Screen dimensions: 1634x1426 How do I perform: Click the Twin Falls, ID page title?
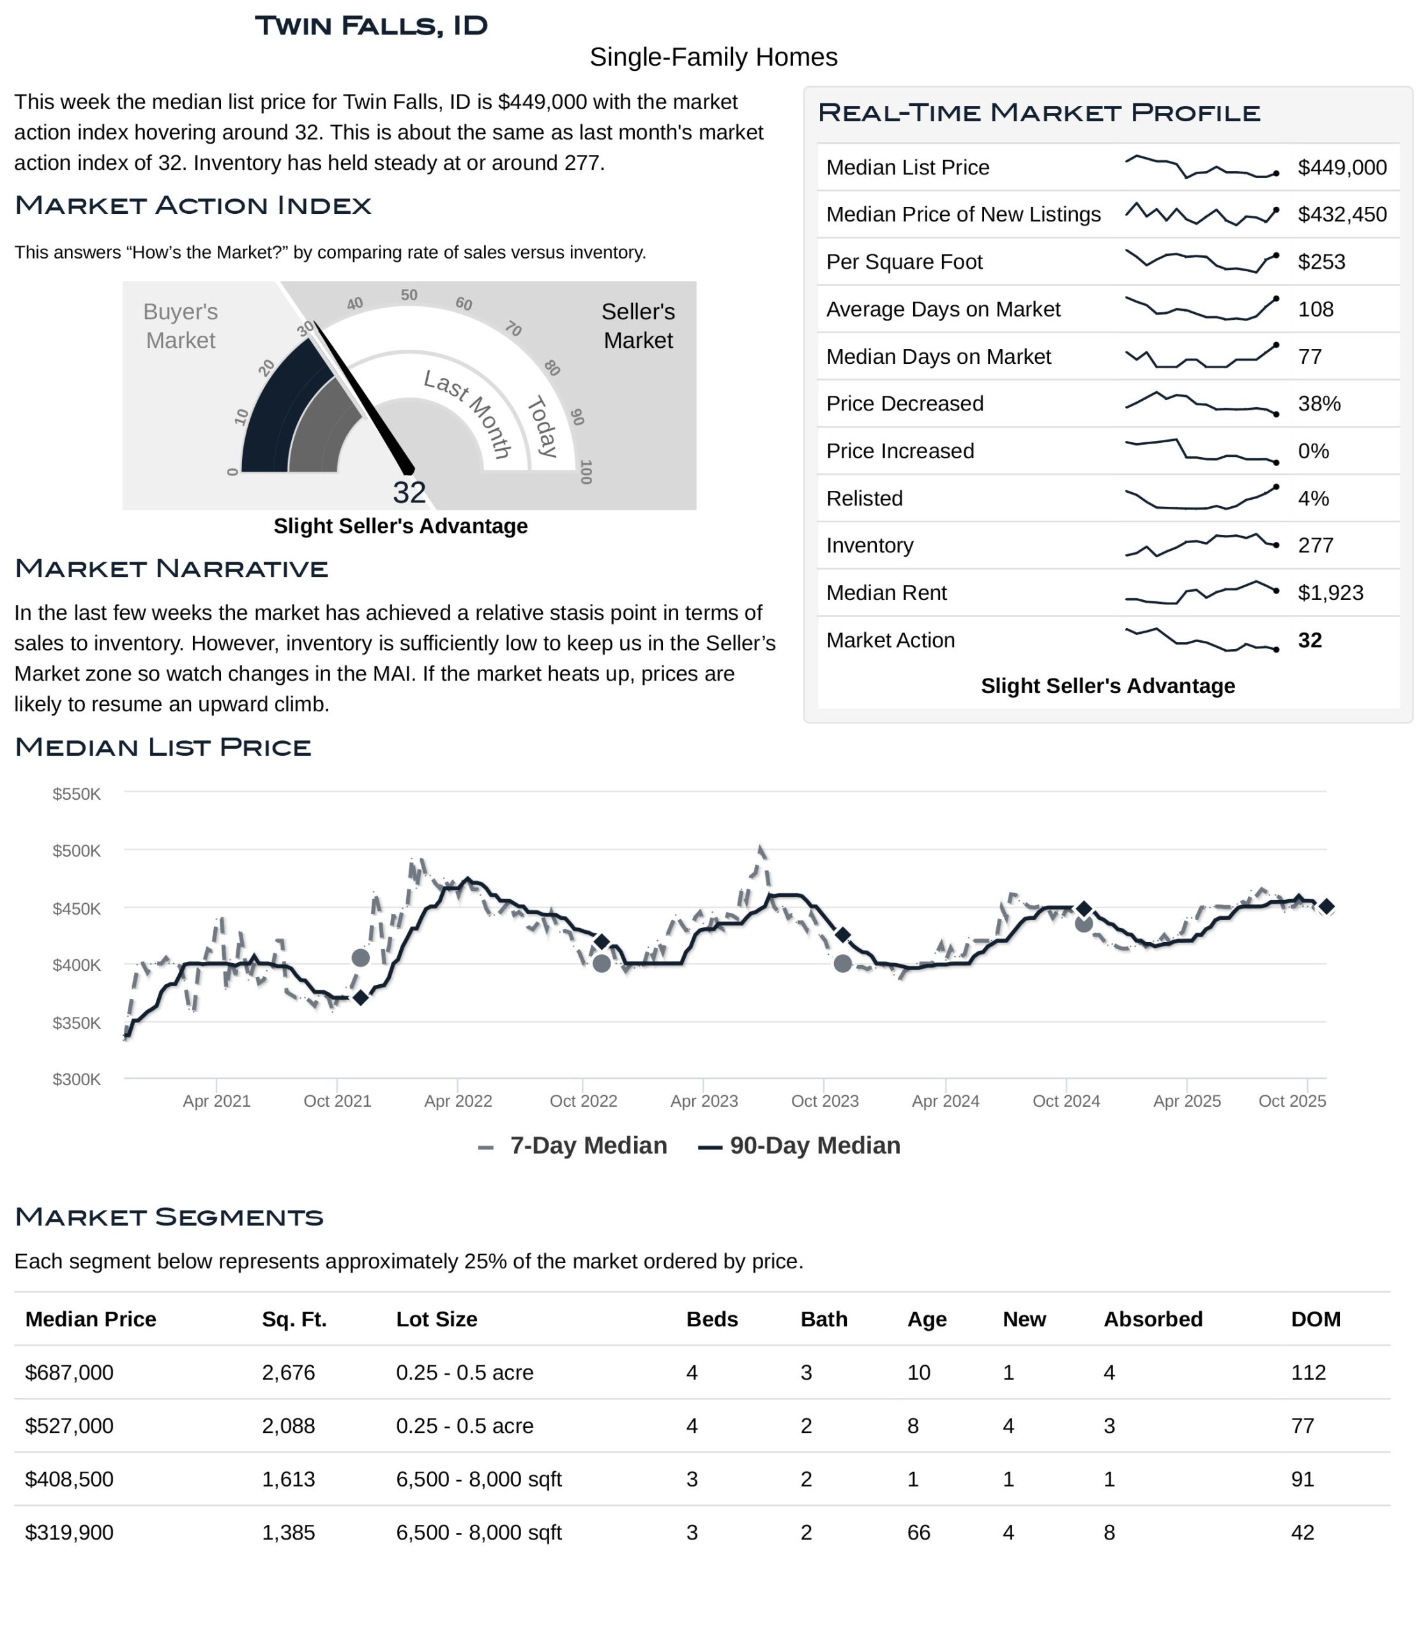pyautogui.click(x=371, y=26)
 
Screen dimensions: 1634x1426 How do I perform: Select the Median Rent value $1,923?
pyautogui.click(x=1330, y=593)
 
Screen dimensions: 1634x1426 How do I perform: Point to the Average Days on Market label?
pyautogui.click(x=943, y=309)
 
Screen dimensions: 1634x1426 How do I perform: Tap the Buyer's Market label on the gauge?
pyautogui.click(x=181, y=326)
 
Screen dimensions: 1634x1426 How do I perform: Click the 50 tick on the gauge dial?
pyautogui.click(x=409, y=295)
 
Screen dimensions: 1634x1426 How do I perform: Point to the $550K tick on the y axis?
pyautogui.click(x=77, y=794)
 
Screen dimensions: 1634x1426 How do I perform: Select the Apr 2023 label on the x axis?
pyautogui.click(x=704, y=1101)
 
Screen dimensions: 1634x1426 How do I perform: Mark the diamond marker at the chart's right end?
pyautogui.click(x=1326, y=907)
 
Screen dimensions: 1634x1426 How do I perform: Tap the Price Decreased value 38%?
pyautogui.click(x=1319, y=403)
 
